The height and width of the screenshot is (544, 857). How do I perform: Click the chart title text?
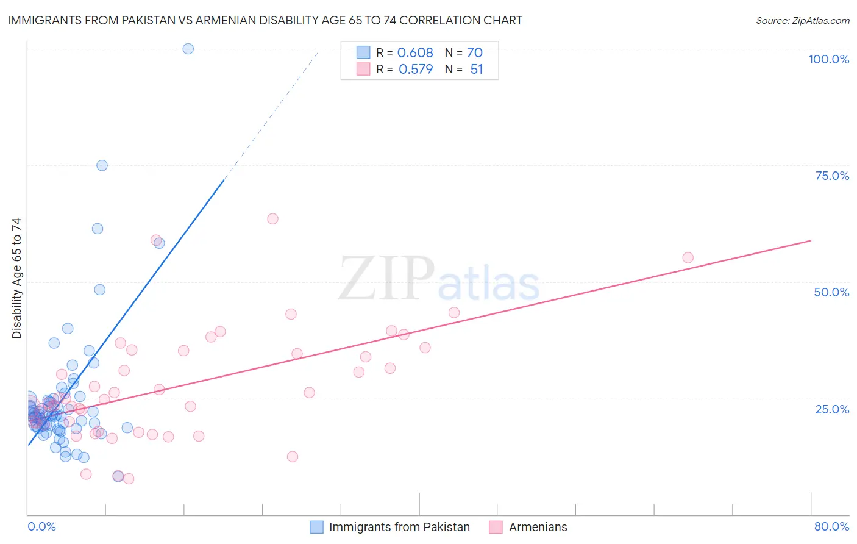pyautogui.click(x=265, y=20)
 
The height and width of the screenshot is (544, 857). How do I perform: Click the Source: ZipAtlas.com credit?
pyautogui.click(x=802, y=20)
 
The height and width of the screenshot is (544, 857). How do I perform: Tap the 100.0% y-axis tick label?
pyautogui.click(x=828, y=59)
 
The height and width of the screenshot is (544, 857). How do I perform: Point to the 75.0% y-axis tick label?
pyautogui.click(x=832, y=176)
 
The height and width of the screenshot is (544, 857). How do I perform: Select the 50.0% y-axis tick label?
pyautogui.click(x=831, y=292)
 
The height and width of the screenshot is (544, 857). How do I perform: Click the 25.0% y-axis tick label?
pyautogui.click(x=832, y=409)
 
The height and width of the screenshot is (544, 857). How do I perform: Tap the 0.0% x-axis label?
pyautogui.click(x=41, y=526)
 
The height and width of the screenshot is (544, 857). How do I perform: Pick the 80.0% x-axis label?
pyautogui.click(x=831, y=526)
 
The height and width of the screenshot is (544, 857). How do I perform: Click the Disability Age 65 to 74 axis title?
pyautogui.click(x=16, y=277)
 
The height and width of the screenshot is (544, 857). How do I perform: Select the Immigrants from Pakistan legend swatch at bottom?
pyautogui.click(x=316, y=527)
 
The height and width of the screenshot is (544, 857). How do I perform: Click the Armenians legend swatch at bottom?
pyautogui.click(x=496, y=527)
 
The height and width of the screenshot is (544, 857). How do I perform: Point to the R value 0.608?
pyautogui.click(x=415, y=52)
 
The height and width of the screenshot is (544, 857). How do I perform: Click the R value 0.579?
pyautogui.click(x=416, y=69)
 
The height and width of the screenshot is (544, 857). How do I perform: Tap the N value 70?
pyautogui.click(x=475, y=52)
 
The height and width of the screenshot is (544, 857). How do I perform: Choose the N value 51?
pyautogui.click(x=476, y=69)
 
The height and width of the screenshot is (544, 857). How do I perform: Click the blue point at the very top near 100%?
pyautogui.click(x=188, y=49)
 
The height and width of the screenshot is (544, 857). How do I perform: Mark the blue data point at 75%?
pyautogui.click(x=102, y=165)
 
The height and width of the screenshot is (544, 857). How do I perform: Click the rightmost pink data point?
pyautogui.click(x=688, y=257)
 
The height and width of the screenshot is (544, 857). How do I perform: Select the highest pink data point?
pyautogui.click(x=272, y=219)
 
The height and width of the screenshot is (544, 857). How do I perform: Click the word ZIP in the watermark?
pyautogui.click(x=386, y=278)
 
